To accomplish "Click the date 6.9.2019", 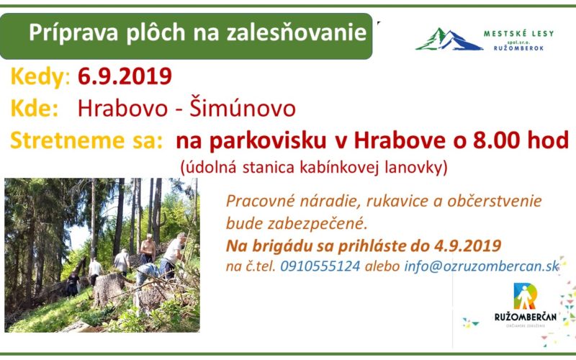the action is (125, 76).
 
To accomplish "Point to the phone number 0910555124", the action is (320, 266).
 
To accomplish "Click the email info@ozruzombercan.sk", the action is (482, 266).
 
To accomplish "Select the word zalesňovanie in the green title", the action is (297, 32).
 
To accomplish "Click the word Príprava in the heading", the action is (73, 33).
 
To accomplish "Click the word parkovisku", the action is (268, 141).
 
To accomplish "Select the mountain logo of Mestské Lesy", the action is (449, 39).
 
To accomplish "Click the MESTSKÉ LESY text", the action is (518, 34).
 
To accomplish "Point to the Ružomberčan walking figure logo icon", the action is (526, 296).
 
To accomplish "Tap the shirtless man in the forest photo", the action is (148, 248).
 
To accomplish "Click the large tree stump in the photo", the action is (109, 289).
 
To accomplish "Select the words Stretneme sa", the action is (86, 140).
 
